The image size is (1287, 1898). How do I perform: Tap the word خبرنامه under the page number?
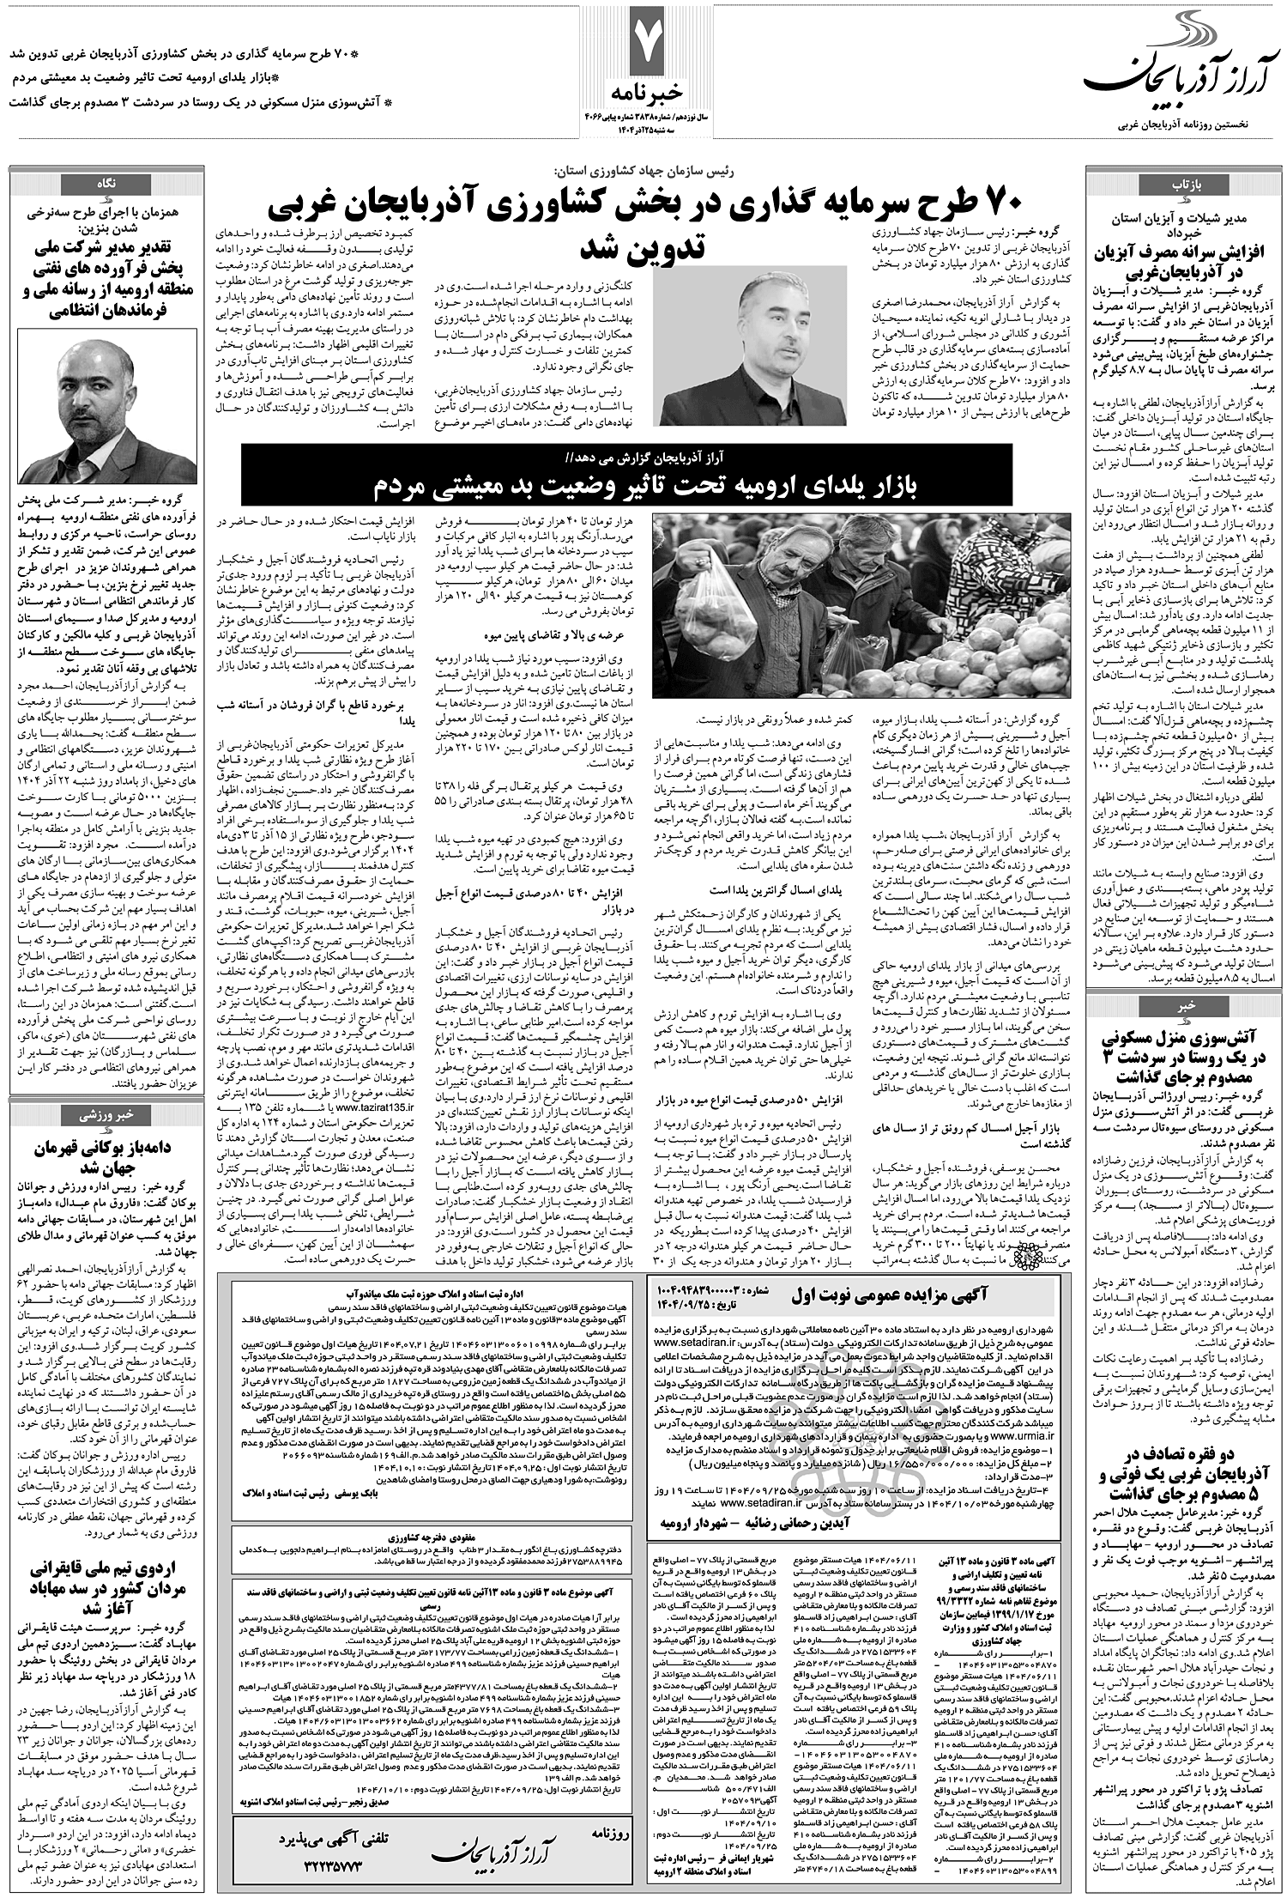click(645, 91)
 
